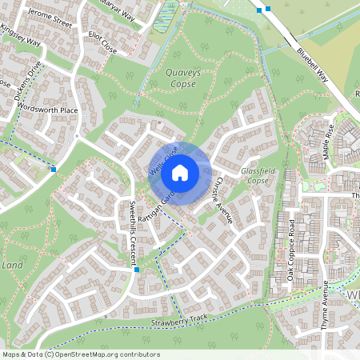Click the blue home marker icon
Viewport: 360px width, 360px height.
point(180,172)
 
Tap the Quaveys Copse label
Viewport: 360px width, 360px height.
point(180,78)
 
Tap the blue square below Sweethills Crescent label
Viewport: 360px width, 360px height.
point(137,270)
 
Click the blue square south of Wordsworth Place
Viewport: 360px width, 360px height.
point(53,169)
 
